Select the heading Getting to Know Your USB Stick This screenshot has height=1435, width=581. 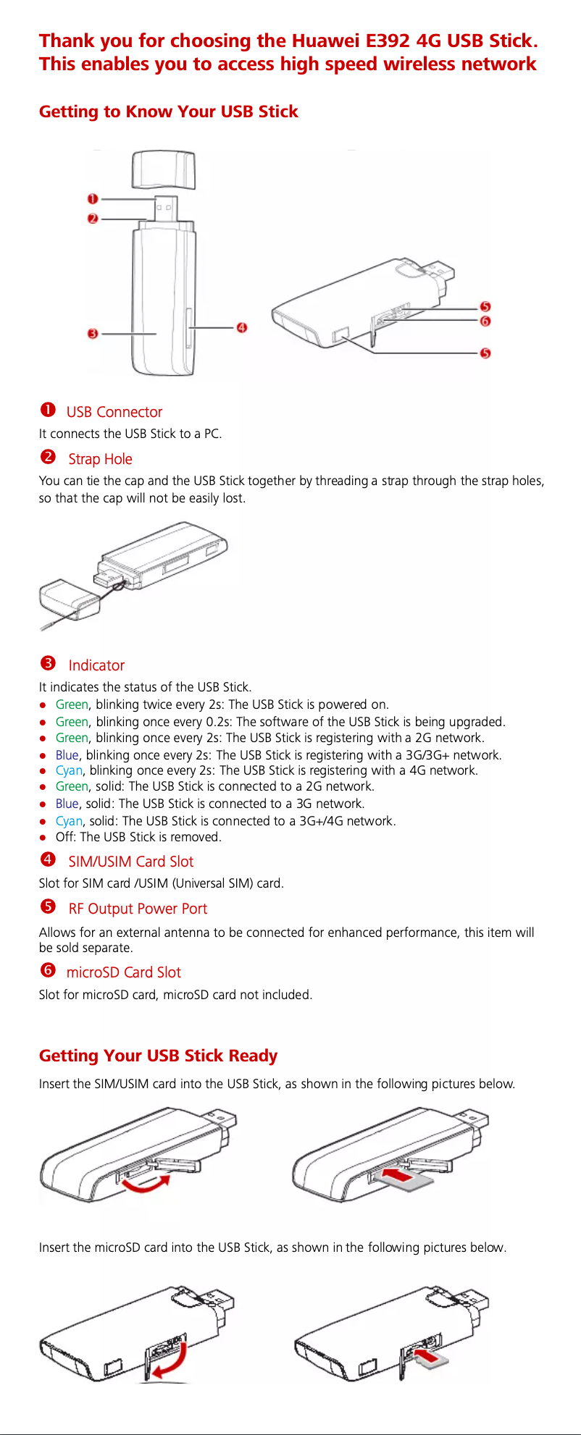169,111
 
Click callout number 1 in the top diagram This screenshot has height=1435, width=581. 93,198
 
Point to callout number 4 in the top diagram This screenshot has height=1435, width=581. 242,328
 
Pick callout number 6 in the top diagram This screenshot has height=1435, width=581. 485,321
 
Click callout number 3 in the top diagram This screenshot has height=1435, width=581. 93,334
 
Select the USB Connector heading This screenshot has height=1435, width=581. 114,412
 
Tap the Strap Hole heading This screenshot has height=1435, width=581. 100,459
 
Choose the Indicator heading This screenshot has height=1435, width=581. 96,665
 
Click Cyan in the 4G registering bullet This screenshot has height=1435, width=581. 69,770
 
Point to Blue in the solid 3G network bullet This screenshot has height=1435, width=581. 67,804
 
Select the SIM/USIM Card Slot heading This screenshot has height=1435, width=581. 131,862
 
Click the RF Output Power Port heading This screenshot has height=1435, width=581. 138,909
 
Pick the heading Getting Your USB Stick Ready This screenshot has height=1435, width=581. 158,1056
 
